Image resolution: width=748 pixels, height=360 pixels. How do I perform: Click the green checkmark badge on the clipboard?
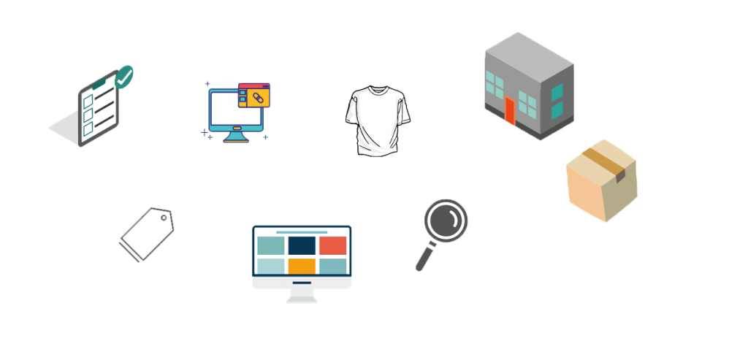click(x=125, y=75)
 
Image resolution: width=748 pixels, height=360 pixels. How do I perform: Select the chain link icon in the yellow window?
click(x=256, y=97)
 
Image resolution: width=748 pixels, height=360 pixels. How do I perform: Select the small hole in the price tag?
click(x=164, y=217)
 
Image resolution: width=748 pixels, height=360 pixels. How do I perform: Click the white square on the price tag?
click(x=147, y=234)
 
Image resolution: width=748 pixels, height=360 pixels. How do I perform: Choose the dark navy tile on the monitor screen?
click(x=302, y=245)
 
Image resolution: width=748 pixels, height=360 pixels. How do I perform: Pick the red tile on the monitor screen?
click(x=333, y=245)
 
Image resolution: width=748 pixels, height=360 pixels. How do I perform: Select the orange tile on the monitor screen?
click(x=302, y=266)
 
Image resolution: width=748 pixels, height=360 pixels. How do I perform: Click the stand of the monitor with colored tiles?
click(x=302, y=295)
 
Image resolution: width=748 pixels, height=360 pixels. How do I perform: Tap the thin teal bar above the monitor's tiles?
click(x=302, y=232)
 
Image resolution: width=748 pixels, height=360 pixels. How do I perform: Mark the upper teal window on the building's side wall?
click(x=557, y=92)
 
